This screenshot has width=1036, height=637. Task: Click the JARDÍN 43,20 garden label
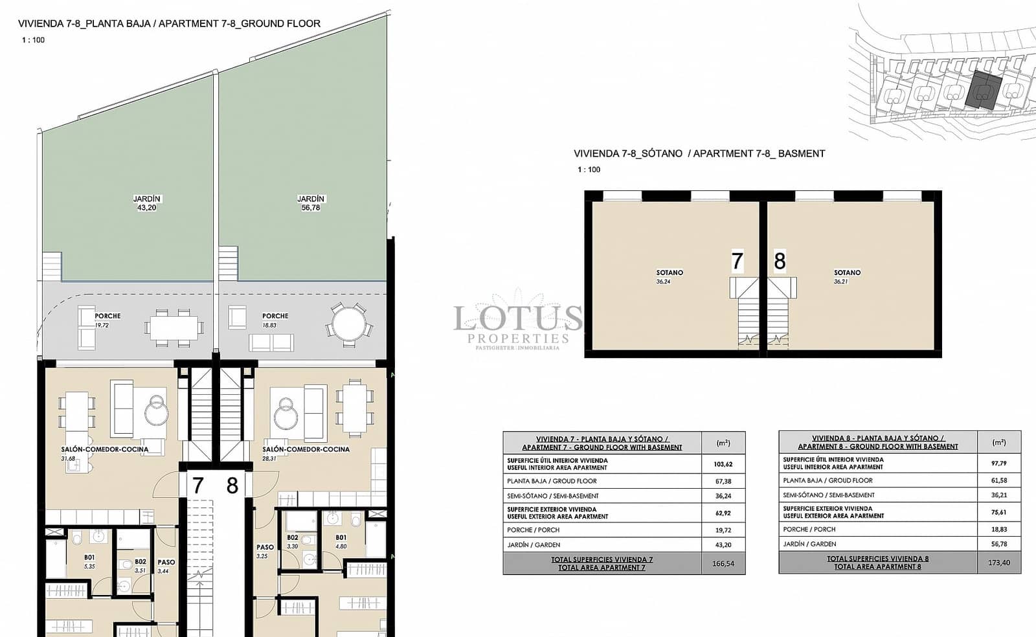[x=147, y=203]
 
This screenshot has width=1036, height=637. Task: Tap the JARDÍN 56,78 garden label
[x=311, y=203]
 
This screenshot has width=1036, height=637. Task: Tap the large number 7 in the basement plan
[x=737, y=261]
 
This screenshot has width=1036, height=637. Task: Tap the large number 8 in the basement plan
[x=780, y=261]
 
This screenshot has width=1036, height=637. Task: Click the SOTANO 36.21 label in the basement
[x=847, y=277]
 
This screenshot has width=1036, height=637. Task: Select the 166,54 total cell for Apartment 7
[x=723, y=564]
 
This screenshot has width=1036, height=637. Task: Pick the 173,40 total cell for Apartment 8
[x=999, y=563]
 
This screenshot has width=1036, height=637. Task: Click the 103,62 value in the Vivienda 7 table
[x=723, y=464]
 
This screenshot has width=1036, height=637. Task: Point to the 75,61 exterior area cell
[x=999, y=512]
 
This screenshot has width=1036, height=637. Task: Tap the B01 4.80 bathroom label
[x=341, y=542]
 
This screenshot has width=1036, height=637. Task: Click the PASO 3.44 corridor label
[x=166, y=566]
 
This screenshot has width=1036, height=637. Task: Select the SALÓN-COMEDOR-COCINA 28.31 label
[x=306, y=453]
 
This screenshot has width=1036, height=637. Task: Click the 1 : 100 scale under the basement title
[x=589, y=170]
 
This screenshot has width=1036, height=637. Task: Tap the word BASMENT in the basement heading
[x=801, y=153]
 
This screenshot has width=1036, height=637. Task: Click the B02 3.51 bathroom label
[x=140, y=566]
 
